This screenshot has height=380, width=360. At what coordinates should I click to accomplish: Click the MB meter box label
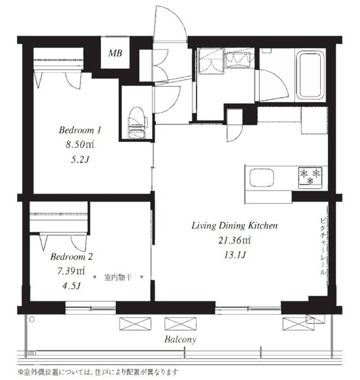tap(115, 53)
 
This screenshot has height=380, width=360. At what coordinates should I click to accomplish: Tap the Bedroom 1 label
tap(80, 130)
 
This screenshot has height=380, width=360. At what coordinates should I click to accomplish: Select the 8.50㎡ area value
tap(80, 145)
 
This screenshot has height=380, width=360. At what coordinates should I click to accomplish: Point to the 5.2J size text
tap(80, 160)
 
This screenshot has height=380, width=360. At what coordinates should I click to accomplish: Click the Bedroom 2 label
tap(71, 256)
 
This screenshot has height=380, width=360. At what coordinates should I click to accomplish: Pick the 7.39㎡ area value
tap(71, 271)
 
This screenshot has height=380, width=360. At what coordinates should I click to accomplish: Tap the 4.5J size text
tap(71, 286)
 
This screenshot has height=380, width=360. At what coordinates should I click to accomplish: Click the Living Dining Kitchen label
tap(235, 226)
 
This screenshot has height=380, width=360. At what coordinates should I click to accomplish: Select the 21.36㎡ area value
tap(235, 240)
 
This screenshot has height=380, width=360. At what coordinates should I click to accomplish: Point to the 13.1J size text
tap(235, 255)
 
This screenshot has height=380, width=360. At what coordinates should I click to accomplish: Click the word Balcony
tap(181, 339)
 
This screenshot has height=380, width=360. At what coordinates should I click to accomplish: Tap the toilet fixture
tap(137, 123)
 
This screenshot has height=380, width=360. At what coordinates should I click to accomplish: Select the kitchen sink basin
tap(262, 178)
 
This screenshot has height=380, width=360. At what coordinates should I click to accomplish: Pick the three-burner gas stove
tap(310, 178)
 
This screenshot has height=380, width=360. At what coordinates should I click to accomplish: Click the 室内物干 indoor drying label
tap(118, 277)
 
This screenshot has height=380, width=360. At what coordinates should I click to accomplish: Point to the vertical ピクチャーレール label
tap(323, 246)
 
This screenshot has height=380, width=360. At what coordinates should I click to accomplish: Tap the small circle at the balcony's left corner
tap(31, 319)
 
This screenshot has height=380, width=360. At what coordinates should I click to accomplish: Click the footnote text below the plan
tap(98, 372)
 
